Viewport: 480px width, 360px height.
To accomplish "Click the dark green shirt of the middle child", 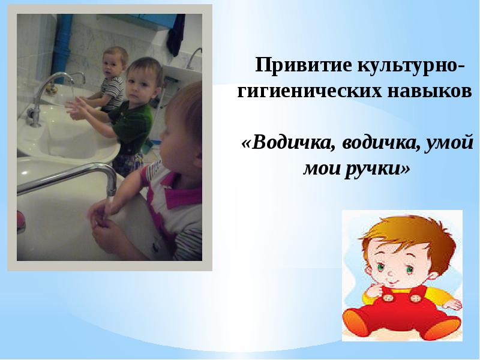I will point(135,120).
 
